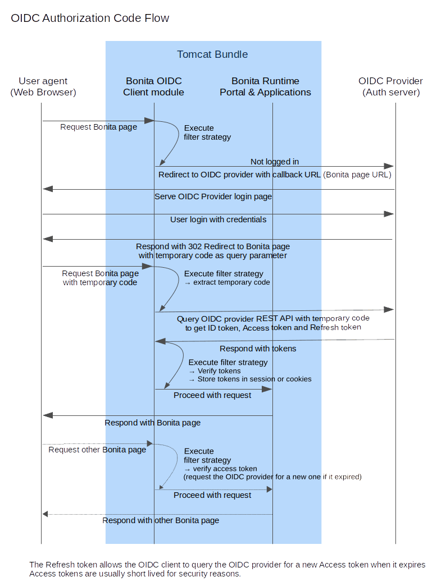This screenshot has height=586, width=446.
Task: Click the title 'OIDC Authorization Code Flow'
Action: [90, 19]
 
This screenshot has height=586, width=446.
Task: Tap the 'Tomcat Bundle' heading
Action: [212, 54]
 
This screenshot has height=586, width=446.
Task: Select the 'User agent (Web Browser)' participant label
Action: [43, 86]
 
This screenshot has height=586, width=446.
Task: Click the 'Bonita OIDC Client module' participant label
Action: [153, 86]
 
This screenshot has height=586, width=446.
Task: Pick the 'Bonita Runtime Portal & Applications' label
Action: [265, 86]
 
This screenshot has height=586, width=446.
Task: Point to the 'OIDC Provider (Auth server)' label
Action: [391, 86]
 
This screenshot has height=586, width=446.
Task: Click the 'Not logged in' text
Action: [275, 162]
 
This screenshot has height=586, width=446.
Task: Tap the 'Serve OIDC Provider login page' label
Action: [213, 196]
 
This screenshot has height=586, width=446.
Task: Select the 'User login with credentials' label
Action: [218, 219]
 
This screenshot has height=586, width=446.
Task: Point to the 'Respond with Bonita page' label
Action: [152, 423]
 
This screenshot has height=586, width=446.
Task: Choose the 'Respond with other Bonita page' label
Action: [160, 521]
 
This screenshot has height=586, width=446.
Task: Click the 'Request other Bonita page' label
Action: [97, 450]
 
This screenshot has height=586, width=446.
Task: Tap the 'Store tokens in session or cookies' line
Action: [254, 379]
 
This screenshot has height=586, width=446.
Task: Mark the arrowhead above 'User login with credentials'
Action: [389, 214]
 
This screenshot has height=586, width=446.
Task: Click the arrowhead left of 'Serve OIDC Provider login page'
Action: [48, 189]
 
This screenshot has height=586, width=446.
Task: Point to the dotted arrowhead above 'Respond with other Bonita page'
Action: [46, 514]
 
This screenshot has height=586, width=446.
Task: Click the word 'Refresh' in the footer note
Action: [58, 565]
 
